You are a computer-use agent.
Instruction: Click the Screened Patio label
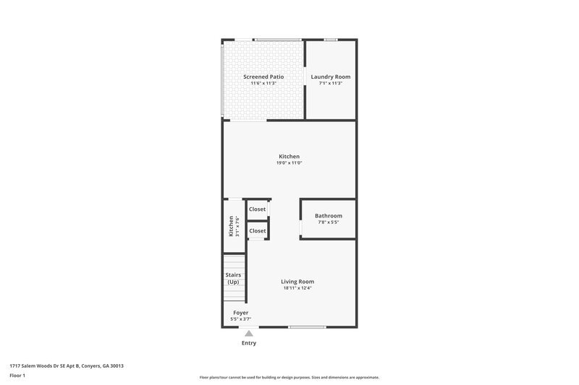263,77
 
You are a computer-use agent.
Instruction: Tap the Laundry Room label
331,77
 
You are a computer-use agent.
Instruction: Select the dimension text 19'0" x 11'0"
289,163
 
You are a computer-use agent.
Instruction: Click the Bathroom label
329,216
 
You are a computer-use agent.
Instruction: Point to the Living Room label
297,282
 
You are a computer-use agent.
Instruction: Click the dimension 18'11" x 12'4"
297,288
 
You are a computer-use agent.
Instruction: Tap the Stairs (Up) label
233,279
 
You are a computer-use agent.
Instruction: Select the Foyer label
241,313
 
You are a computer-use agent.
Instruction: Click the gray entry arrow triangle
248,334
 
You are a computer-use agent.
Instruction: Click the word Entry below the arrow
248,343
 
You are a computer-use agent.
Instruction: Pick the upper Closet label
258,209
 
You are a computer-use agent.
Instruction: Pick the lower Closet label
258,231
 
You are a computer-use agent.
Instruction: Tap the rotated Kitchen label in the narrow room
232,226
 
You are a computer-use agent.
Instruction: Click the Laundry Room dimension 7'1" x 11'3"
331,84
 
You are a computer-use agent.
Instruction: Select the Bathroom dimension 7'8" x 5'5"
329,222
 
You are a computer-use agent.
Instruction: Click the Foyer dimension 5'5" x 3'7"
241,319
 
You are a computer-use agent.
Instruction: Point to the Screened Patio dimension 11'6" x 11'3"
263,84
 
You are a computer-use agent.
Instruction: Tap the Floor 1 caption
17,376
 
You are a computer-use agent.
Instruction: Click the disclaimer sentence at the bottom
289,378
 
